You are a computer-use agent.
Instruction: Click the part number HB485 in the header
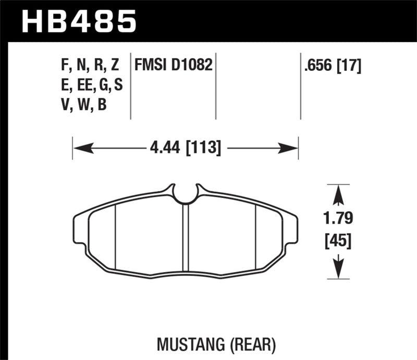(78, 22)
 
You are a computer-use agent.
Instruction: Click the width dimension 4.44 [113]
(186, 148)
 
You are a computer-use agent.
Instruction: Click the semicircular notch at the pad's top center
(186, 194)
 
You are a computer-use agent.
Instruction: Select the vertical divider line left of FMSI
(130, 86)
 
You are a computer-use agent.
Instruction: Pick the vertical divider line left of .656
(300, 86)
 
